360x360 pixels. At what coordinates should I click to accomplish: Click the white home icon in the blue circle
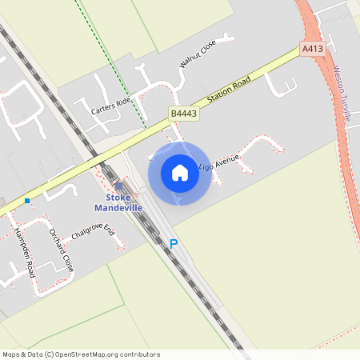pos(180,173)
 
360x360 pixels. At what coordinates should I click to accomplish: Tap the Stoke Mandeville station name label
pos(118,202)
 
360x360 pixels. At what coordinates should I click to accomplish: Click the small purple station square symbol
pos(118,186)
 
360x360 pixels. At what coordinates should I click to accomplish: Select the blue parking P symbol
pos(173,244)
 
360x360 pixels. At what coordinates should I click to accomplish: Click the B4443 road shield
pos(183,114)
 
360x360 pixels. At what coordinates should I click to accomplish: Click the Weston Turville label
pos(342,93)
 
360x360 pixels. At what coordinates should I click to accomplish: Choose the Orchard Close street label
pos(62,250)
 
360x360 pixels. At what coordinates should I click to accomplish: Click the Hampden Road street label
pos(24,254)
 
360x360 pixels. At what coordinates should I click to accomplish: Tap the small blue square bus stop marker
pos(27,200)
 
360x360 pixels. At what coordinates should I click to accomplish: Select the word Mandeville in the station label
pos(118,208)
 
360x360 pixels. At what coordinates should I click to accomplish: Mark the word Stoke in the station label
pos(118,198)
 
